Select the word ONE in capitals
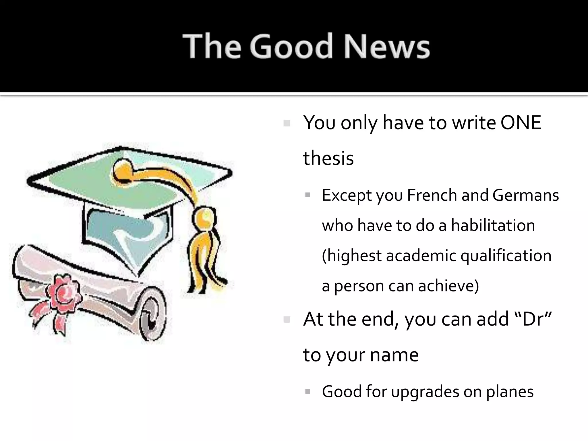pos(521,123)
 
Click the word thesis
pos(328,158)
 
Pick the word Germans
pos(526,195)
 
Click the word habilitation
pos(493,225)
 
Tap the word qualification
pos(506,256)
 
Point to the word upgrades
pos(425,392)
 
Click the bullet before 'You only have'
pos(287,123)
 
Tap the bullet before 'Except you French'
pos(308,196)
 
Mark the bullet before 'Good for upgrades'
pos(308,391)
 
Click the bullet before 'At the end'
pos(287,320)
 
